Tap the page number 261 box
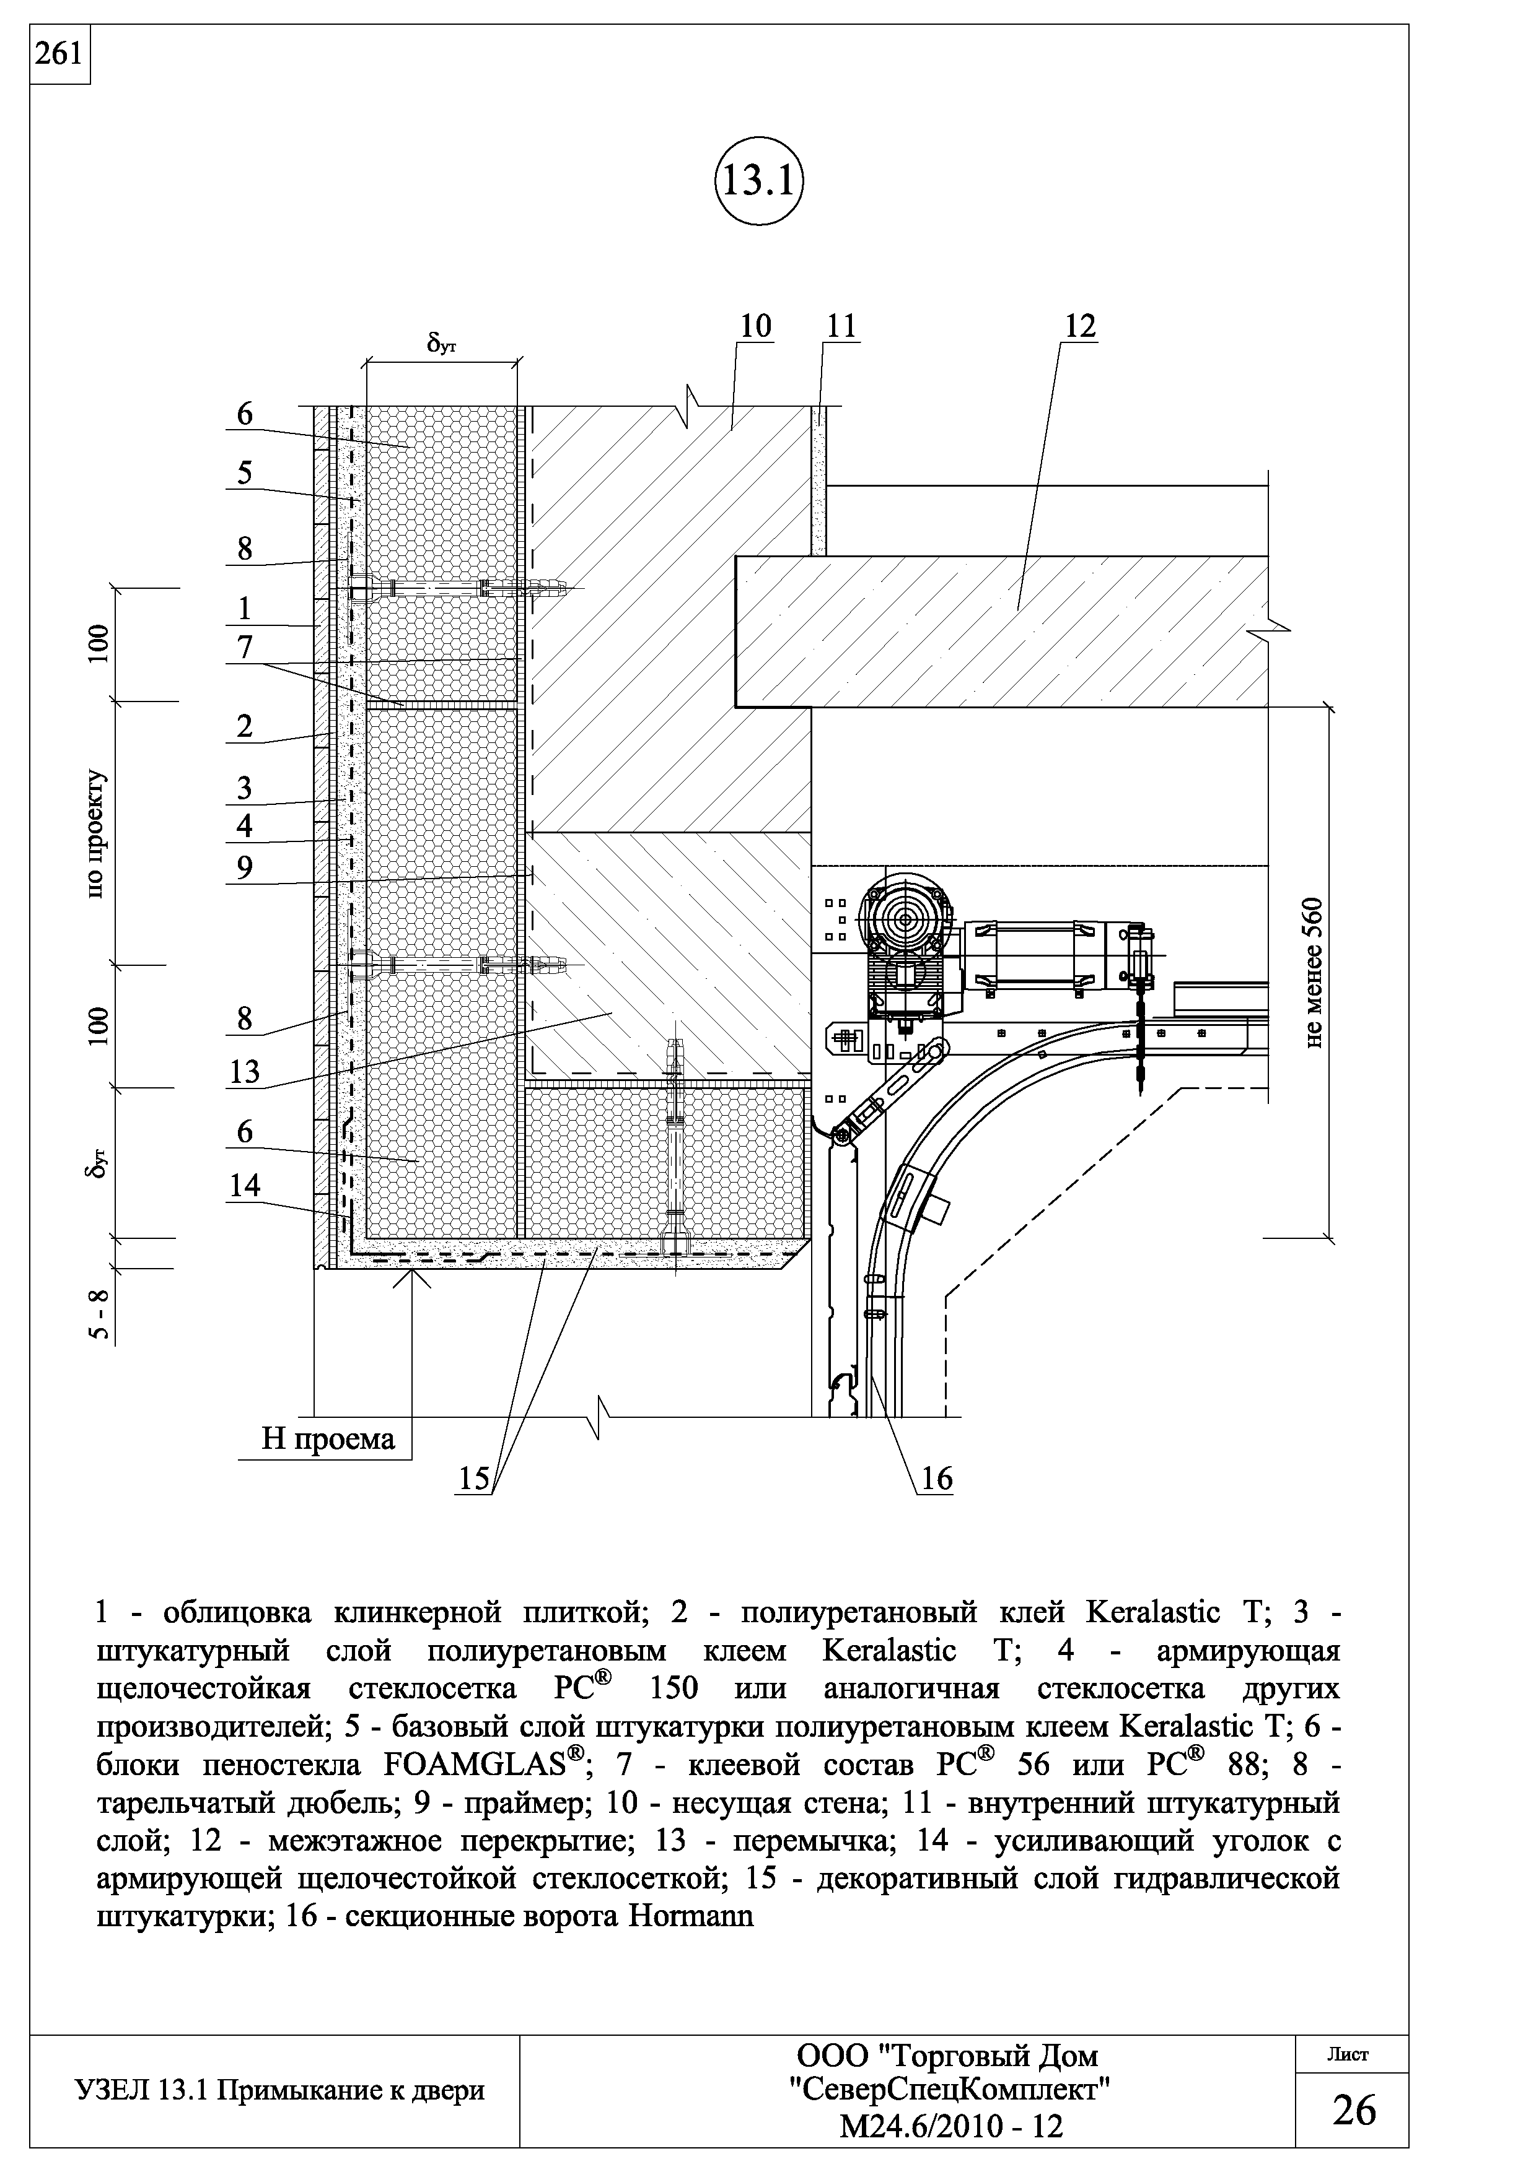click(x=59, y=55)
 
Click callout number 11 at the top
click(x=840, y=326)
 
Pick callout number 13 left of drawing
click(x=244, y=1072)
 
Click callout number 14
click(x=244, y=1185)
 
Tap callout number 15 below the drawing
click(x=473, y=1479)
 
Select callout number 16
click(x=936, y=1479)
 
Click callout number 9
click(x=244, y=867)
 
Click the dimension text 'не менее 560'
click(x=1317, y=973)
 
